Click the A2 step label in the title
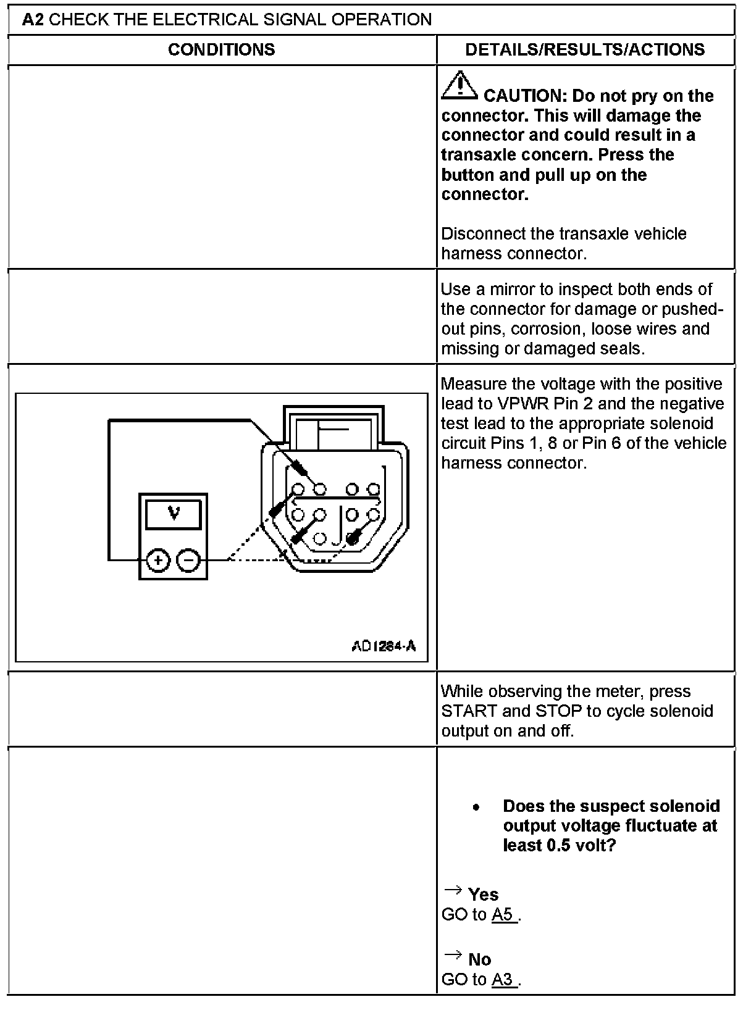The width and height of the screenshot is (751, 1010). (x=33, y=20)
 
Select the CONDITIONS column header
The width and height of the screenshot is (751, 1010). (x=221, y=49)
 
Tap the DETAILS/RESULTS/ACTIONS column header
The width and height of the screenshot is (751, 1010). (x=585, y=49)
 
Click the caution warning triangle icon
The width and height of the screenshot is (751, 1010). (x=459, y=86)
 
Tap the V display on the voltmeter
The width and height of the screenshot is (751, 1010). (x=174, y=513)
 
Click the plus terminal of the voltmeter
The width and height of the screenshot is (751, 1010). (x=159, y=560)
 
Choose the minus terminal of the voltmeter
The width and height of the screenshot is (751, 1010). (x=189, y=560)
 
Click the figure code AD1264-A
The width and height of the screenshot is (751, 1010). (x=384, y=646)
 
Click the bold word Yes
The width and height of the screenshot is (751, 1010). (x=483, y=895)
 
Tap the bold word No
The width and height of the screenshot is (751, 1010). (x=479, y=959)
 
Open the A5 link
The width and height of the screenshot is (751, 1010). (x=503, y=914)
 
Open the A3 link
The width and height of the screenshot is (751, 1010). (x=503, y=979)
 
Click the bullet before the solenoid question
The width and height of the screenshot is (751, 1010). (x=476, y=807)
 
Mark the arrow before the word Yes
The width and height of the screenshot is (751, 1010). (x=453, y=890)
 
